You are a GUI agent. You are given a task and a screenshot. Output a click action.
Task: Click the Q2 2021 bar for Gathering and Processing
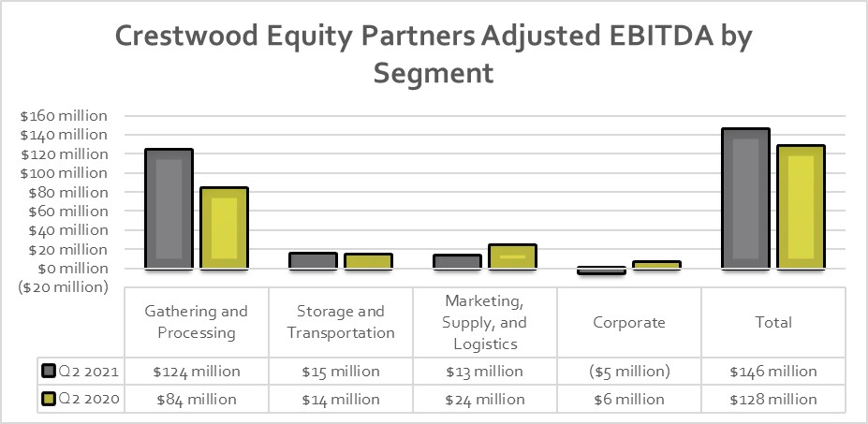[169, 209]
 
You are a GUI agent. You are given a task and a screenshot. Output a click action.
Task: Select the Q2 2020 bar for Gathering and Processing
[224, 227]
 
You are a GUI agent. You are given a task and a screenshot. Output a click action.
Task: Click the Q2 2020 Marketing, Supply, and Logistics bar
[512, 256]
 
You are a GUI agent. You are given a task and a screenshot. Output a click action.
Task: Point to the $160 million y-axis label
[65, 116]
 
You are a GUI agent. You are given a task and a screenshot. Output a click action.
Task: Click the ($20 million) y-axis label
[63, 287]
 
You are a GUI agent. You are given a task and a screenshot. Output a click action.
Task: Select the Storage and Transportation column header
[341, 322]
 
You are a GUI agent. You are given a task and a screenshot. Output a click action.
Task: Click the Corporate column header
[629, 322]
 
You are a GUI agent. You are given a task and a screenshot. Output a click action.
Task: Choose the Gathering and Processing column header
[197, 322]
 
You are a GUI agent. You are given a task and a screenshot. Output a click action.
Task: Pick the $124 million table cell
[197, 372]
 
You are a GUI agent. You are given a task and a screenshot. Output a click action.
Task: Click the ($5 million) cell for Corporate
[629, 372]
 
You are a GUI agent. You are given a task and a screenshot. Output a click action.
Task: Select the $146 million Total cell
[773, 372]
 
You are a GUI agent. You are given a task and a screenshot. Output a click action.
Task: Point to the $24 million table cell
[485, 400]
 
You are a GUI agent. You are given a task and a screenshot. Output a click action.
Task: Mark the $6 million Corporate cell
[629, 400]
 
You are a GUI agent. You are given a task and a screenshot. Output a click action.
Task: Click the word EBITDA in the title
[650, 37]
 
